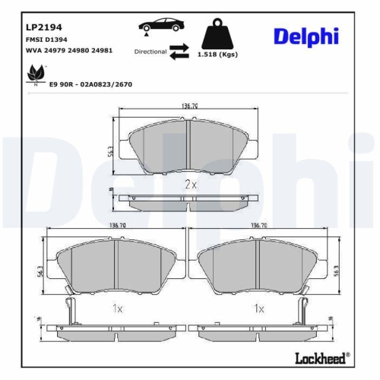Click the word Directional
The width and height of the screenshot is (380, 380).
[150, 52]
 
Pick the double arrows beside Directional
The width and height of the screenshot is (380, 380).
[179, 52]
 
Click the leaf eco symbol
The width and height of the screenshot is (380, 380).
[33, 74]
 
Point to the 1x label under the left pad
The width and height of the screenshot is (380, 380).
[117, 309]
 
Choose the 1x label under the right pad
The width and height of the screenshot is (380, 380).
[258, 309]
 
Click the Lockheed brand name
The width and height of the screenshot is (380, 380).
[321, 356]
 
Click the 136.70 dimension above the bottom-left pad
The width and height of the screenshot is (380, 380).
[117, 226]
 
